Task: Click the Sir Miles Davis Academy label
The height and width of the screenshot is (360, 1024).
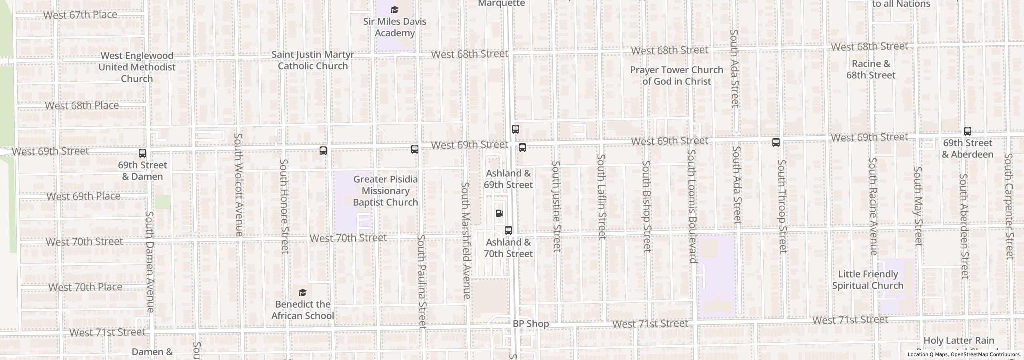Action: pos(394,27)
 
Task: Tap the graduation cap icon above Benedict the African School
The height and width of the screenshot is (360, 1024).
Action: pos(303,293)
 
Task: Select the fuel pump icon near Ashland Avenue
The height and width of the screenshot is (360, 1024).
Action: pos(499,213)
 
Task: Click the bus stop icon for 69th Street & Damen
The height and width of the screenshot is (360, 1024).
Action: pos(142,153)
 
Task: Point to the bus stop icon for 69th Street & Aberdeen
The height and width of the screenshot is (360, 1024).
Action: pos(967,131)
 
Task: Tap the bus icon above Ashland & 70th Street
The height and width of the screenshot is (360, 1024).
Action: pos(508,230)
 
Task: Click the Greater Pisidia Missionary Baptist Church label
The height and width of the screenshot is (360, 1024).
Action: pos(385,191)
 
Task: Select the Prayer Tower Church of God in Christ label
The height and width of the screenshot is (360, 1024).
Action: pos(676,76)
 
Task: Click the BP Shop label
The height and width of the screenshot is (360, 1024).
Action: pos(531,324)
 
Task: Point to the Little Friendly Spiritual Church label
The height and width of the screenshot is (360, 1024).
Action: pos(868,280)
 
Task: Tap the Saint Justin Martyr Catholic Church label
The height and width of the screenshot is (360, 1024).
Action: pos(313,60)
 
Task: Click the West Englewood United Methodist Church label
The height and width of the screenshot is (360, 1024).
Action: pos(137,67)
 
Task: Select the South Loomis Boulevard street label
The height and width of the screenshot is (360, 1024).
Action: pos(692,206)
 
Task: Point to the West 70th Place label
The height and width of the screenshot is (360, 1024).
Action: pos(85,287)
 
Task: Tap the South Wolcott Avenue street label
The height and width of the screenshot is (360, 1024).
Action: pos(238,184)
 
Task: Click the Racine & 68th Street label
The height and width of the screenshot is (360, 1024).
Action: pos(871,70)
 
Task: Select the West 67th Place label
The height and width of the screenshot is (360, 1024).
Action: pos(80,15)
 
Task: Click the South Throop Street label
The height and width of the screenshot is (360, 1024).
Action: pos(782,206)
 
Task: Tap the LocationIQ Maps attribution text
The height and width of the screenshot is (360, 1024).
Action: pos(964,354)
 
